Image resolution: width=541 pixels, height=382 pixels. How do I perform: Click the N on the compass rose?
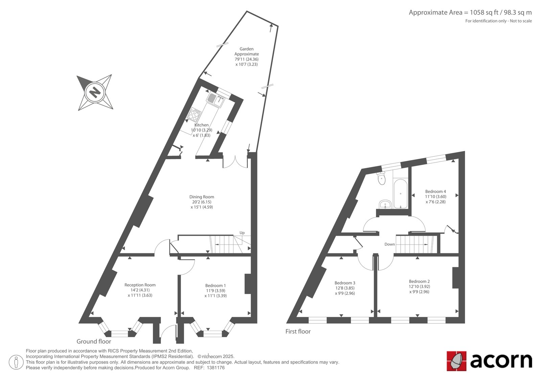click(x=94, y=93)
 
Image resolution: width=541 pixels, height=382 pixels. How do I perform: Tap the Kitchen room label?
click(x=202, y=125)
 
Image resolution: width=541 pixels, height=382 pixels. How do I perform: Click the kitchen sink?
click(x=215, y=100)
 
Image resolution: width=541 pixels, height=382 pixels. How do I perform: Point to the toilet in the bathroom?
click(x=382, y=178)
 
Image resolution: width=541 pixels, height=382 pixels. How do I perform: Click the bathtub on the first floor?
click(x=400, y=194)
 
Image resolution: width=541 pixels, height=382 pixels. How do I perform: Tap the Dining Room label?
click(x=202, y=197)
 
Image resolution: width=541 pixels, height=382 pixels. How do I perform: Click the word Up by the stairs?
click(x=242, y=233)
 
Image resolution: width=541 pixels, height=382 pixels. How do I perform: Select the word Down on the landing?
click(x=390, y=244)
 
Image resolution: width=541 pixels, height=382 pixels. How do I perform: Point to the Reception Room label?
click(x=140, y=285)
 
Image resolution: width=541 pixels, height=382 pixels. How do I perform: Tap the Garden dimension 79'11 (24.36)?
click(x=246, y=59)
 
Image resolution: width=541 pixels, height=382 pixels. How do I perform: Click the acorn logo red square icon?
click(x=456, y=361)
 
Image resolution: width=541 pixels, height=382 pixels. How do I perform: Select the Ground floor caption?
click(x=94, y=341)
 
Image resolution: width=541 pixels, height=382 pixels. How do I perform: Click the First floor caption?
click(x=298, y=331)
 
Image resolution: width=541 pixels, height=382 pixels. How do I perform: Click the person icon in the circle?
click(x=16, y=362)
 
